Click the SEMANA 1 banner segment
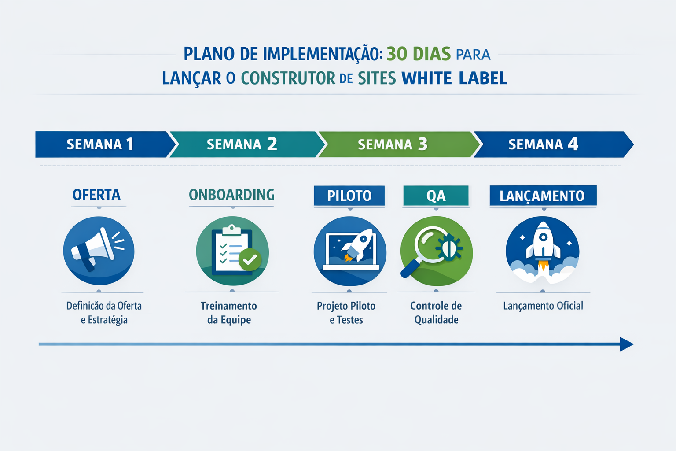(100, 144)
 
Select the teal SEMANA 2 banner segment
(242, 144)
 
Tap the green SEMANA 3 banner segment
(393, 144)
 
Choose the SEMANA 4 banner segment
(544, 144)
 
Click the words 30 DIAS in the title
(419, 54)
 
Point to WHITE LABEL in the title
(454, 78)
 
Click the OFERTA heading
(96, 195)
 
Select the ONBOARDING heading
(231, 195)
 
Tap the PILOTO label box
(349, 196)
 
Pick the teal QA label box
(436, 196)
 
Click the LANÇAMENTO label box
(542, 196)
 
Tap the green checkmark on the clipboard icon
(250, 259)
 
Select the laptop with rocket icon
(350, 251)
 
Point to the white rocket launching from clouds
(543, 244)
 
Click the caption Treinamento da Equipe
(229, 313)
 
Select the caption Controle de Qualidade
(436, 313)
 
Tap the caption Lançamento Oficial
(543, 306)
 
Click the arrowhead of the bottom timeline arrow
(627, 344)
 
